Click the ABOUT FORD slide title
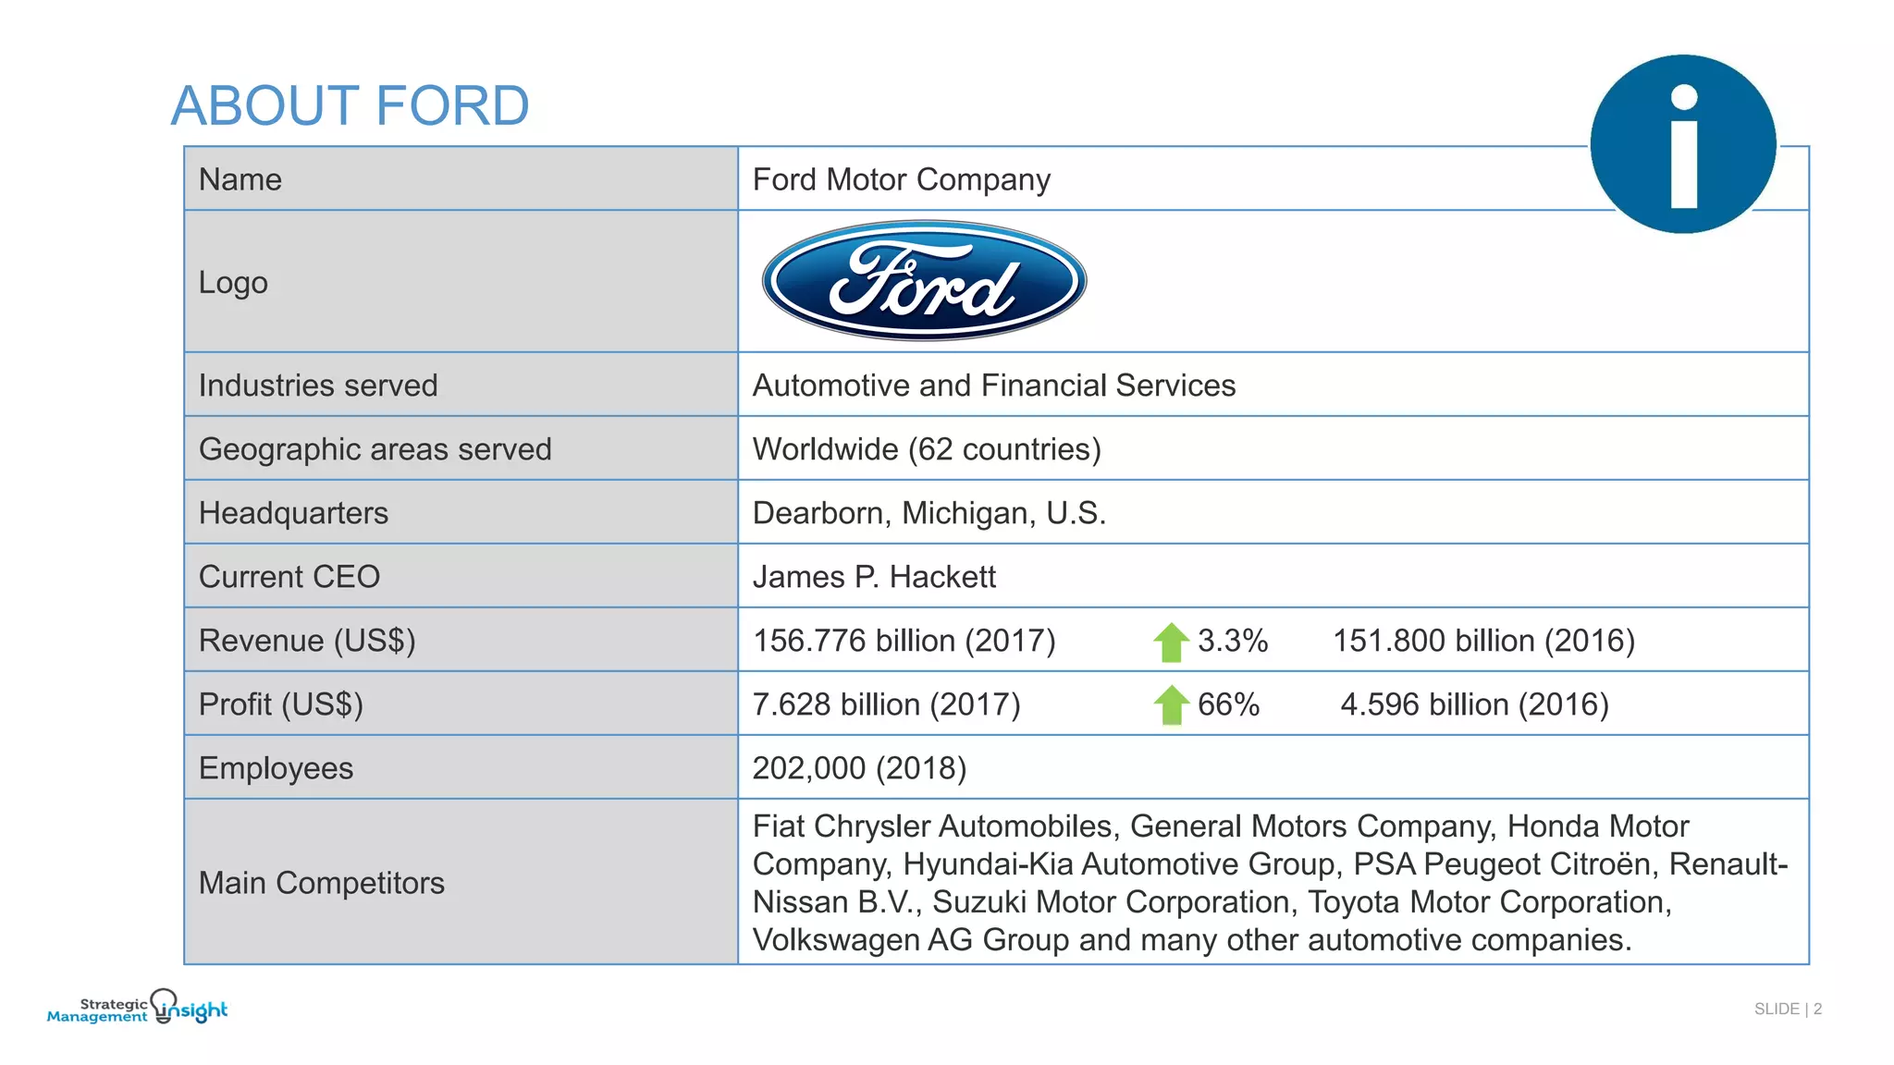pyautogui.click(x=350, y=105)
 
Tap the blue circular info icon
pyautogui.click(x=1683, y=144)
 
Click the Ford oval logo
pyautogui.click(x=924, y=281)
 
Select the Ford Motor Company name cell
pyautogui.click(x=901, y=179)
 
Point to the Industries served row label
pyautogui.click(x=318, y=386)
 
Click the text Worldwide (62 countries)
pyautogui.click(x=927, y=449)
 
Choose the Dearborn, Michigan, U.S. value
pyautogui.click(x=929, y=513)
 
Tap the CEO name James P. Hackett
pyautogui.click(x=874, y=577)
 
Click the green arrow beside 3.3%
pyautogui.click(x=1171, y=642)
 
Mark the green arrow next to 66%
pyautogui.click(x=1171, y=705)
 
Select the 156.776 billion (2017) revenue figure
pyautogui.click(x=904, y=641)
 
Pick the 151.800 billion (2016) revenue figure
pyautogui.click(x=1483, y=641)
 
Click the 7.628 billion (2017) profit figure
pyautogui.click(x=886, y=704)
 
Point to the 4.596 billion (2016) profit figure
pyautogui.click(x=1474, y=704)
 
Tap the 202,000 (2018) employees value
pyautogui.click(x=859, y=768)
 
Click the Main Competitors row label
pyautogui.click(x=322, y=883)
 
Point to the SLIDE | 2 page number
pyautogui.click(x=1787, y=1009)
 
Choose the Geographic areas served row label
pyautogui.click(x=375, y=449)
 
